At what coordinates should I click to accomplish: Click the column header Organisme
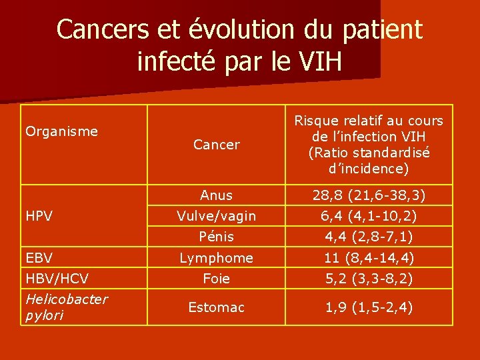pos(61,131)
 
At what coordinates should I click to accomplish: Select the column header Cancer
pos(216,145)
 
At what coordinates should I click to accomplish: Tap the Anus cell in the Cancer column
pos(216,195)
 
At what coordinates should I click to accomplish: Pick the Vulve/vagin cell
pos(216,216)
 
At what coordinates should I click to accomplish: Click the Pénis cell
pos(216,237)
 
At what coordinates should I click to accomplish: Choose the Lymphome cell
pos(216,258)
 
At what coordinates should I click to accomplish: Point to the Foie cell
pos(216,279)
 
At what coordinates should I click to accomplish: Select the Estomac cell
pos(216,307)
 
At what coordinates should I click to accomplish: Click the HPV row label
pos(39,217)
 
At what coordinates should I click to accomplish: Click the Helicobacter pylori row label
pos(66,307)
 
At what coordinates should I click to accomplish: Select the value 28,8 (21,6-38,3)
pos(369,195)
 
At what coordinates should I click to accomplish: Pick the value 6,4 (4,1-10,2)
pos(369,216)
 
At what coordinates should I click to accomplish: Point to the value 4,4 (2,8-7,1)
pos(369,237)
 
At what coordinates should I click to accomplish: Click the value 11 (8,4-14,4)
pos(369,258)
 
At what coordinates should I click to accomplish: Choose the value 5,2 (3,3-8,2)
pos(369,279)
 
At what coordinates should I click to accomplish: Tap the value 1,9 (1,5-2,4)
pos(369,307)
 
